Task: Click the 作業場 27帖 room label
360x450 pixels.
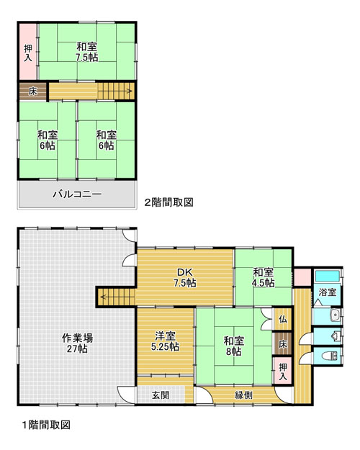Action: coord(77,343)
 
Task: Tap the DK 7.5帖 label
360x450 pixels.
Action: coord(185,277)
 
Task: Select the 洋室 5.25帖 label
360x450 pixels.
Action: coord(165,341)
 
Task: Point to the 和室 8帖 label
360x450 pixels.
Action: coord(234,346)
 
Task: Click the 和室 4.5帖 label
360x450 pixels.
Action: coord(264,277)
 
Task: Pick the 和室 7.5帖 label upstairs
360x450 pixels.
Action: coord(86,52)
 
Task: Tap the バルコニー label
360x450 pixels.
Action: coord(77,194)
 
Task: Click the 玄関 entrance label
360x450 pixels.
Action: coord(161,395)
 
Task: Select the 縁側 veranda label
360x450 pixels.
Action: coord(244,395)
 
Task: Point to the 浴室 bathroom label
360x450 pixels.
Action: coord(328,292)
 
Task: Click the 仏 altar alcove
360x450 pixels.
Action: coord(282,318)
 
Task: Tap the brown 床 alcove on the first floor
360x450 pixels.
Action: coord(282,344)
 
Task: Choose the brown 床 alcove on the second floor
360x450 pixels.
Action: coord(32,91)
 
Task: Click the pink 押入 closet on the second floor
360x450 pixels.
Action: coord(28,52)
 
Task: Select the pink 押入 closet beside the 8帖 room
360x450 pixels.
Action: coord(282,371)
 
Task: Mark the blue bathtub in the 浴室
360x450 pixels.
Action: coord(328,276)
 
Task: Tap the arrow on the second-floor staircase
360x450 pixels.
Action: coord(115,91)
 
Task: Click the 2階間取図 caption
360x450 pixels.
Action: coord(168,202)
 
